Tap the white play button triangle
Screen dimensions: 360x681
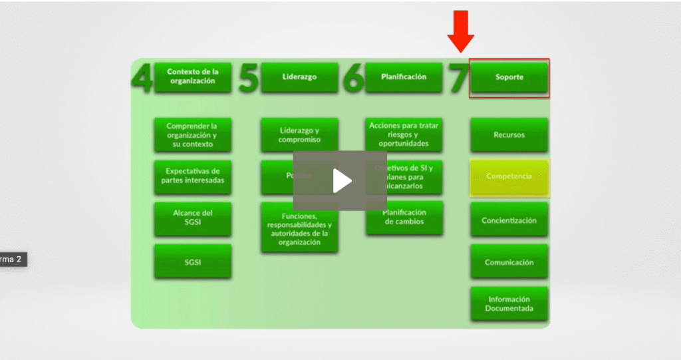[342, 180]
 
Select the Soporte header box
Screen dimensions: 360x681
[509, 77]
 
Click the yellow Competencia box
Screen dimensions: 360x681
[509, 177]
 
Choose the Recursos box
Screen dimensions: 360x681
[509, 135]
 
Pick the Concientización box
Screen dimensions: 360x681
[509, 220]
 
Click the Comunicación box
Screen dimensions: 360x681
[509, 262]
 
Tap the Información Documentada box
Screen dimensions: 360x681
[509, 304]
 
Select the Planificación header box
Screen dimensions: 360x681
[404, 77]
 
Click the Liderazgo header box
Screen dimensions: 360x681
[299, 77]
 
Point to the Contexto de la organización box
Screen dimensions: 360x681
[192, 77]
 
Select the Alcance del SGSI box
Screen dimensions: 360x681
[193, 218]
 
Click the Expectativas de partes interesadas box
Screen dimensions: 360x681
[193, 176]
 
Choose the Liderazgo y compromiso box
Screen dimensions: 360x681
[299, 135]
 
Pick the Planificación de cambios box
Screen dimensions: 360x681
[404, 218]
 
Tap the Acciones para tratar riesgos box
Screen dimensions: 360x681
[404, 135]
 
